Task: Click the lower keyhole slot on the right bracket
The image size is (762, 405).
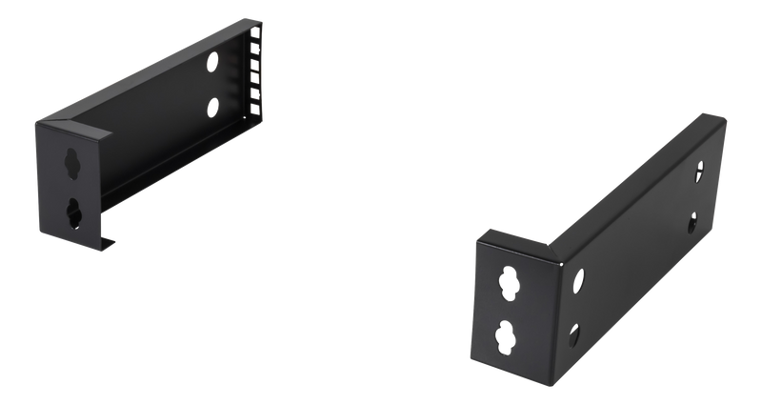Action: coord(503,338)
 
